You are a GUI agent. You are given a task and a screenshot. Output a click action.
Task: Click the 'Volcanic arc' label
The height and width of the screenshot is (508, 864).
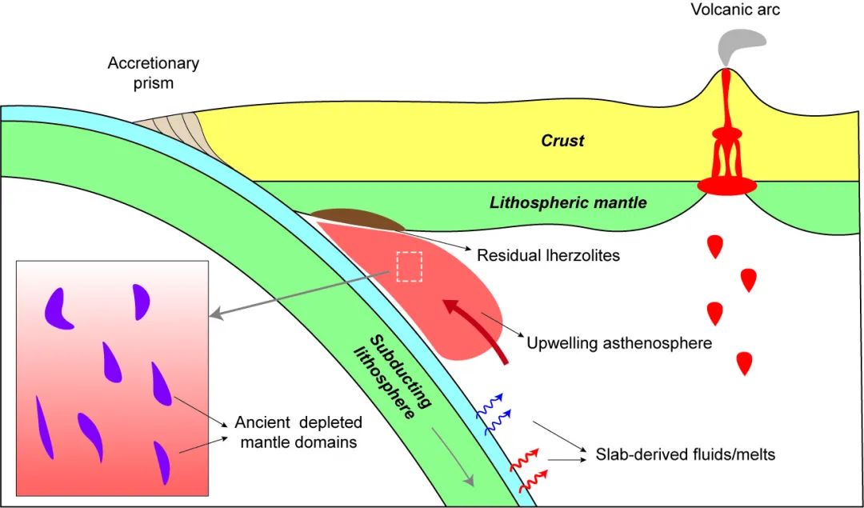click(x=735, y=10)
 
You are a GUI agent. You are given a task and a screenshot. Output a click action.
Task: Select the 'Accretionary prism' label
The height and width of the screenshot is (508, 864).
click(x=153, y=73)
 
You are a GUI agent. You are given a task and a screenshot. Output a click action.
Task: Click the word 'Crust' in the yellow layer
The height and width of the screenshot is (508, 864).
click(x=562, y=141)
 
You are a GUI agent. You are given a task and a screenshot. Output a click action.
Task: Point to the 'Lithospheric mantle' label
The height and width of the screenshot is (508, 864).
click(x=568, y=202)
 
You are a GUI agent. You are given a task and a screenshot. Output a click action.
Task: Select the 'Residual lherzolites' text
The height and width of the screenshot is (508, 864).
click(x=548, y=256)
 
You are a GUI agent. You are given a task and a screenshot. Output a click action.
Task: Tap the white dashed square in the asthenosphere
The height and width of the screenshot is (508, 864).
click(x=410, y=266)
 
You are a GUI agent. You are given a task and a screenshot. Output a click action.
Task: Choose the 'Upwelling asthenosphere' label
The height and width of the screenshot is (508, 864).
click(x=619, y=343)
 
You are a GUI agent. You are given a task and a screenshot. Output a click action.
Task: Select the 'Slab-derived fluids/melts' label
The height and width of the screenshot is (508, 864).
click(x=686, y=455)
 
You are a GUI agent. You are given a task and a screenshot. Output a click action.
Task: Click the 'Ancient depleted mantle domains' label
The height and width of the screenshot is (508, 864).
click(x=298, y=431)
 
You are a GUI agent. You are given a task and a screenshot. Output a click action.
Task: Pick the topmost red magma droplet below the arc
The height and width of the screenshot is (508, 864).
click(x=714, y=246)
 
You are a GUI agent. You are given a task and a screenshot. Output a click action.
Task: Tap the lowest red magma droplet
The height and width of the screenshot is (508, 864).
click(x=746, y=362)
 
